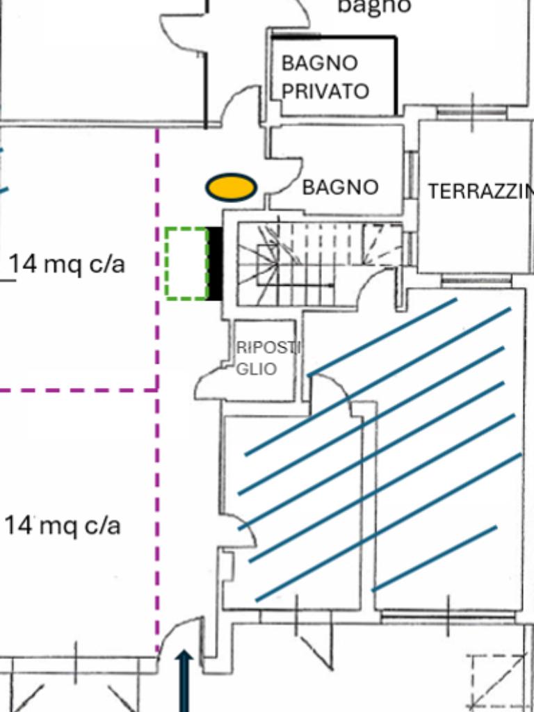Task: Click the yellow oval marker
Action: (231, 187)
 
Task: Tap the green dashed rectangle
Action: (187, 264)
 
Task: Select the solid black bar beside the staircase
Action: (215, 264)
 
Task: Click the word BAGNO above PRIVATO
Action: (319, 63)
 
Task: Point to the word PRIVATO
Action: (325, 91)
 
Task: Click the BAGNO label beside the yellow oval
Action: (340, 187)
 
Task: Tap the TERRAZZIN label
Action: (480, 192)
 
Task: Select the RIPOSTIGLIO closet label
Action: (267, 357)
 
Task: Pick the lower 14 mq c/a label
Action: (63, 526)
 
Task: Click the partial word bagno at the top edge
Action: (374, 6)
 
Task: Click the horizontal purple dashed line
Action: (78, 390)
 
